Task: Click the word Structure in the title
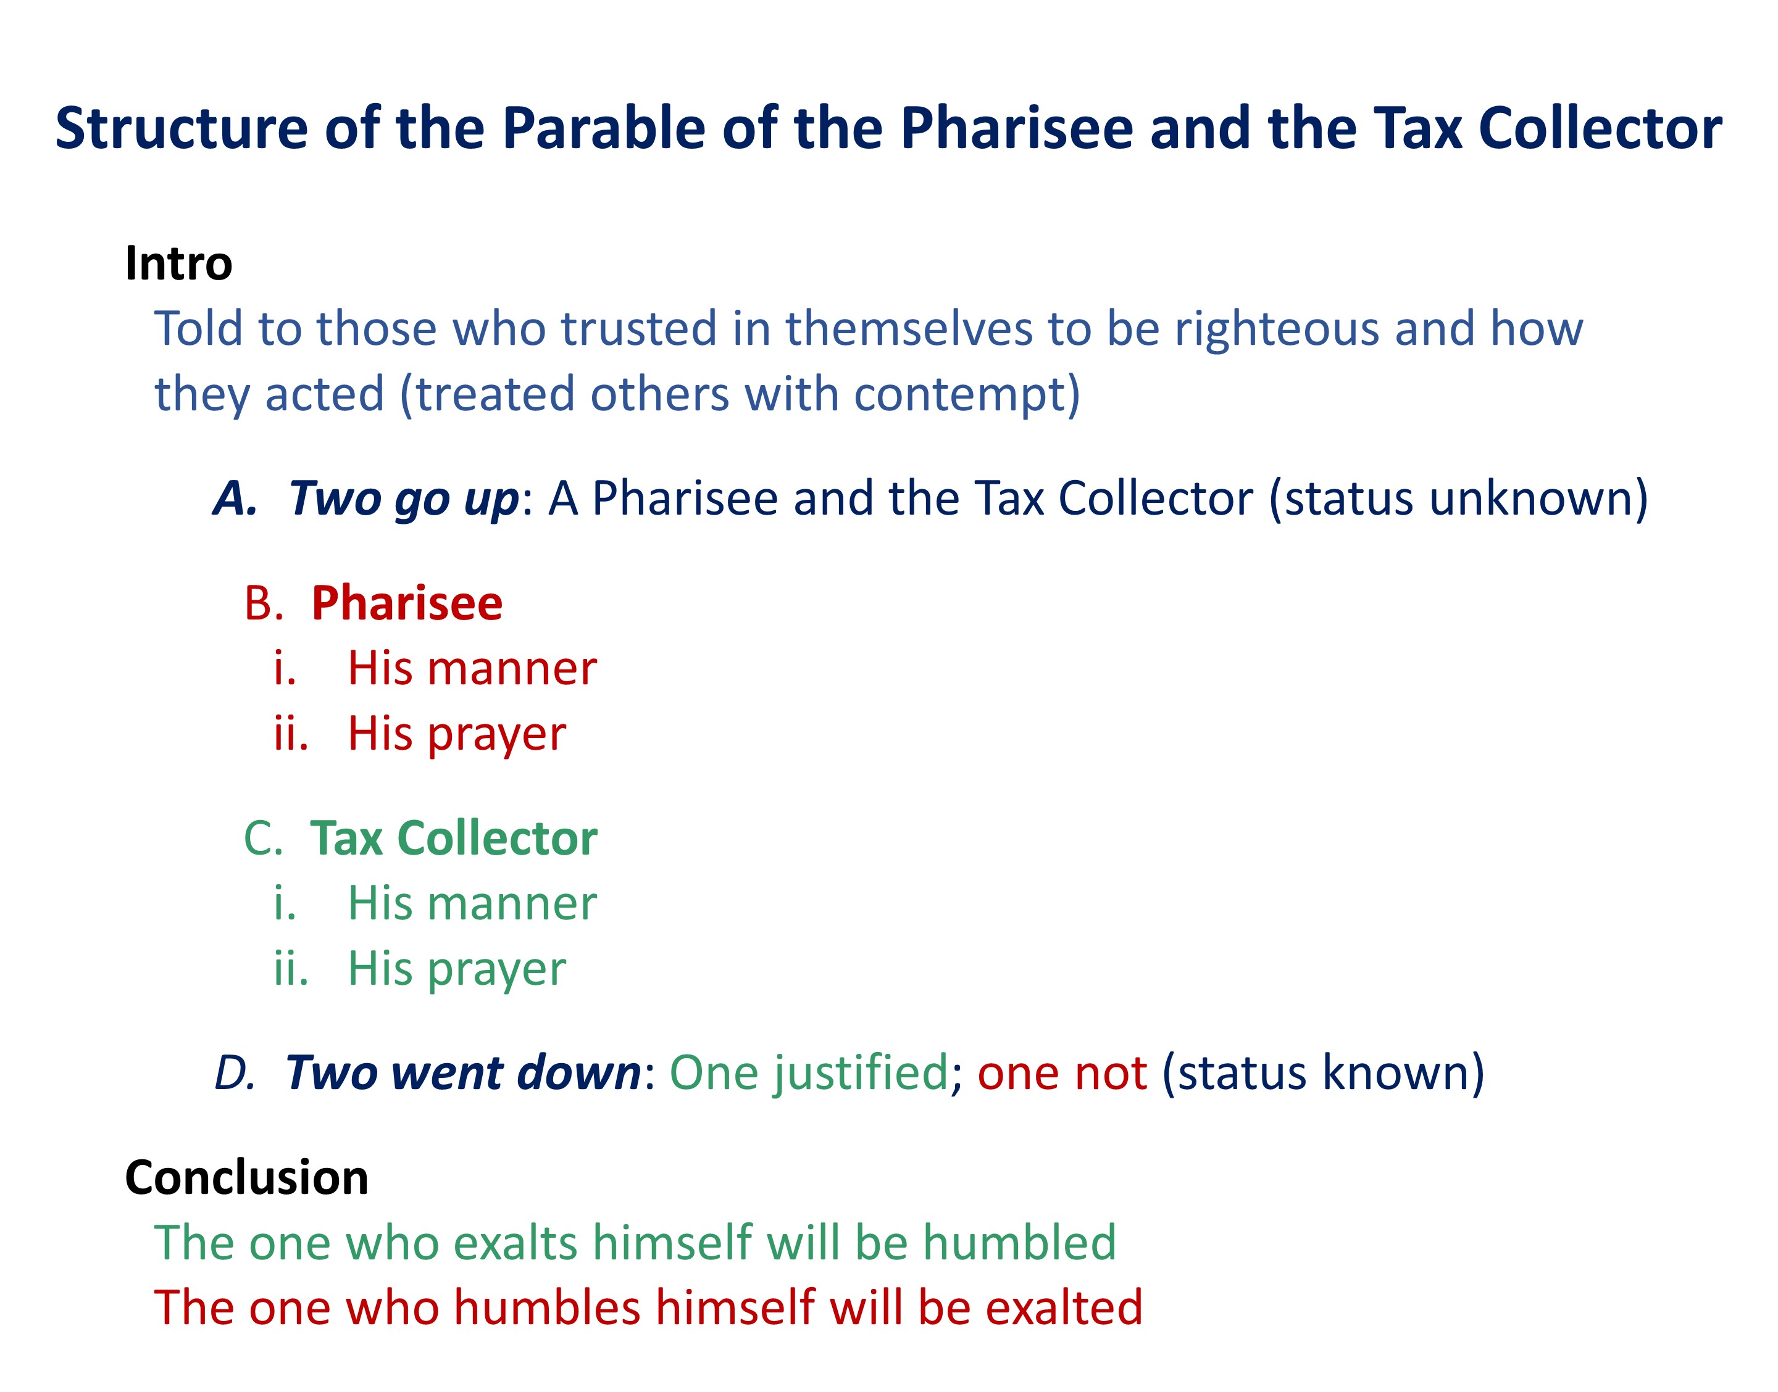click(182, 129)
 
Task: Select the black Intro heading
click(178, 263)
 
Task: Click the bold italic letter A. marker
click(236, 499)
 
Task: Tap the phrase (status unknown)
click(1458, 499)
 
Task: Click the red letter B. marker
click(264, 604)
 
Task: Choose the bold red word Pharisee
click(407, 604)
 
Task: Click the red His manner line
click(472, 669)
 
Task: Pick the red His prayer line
click(456, 735)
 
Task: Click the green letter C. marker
click(264, 839)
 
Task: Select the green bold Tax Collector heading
click(454, 839)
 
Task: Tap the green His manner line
click(472, 904)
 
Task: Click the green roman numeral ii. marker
click(291, 969)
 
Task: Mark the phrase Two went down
click(463, 1072)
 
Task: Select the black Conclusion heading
click(246, 1179)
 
